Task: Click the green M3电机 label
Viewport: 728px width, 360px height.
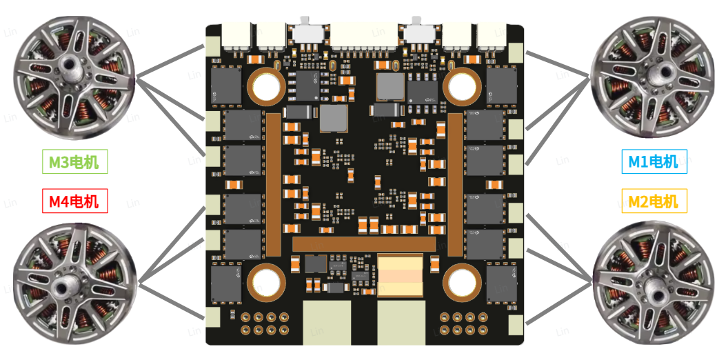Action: tap(74, 161)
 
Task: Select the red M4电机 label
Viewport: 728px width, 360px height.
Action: tap(74, 201)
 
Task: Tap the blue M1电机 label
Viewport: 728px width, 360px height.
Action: tap(654, 161)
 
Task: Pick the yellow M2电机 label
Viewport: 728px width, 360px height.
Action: tap(654, 201)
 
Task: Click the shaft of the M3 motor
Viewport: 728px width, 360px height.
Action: tap(73, 63)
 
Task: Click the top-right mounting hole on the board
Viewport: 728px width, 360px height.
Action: tap(463, 86)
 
